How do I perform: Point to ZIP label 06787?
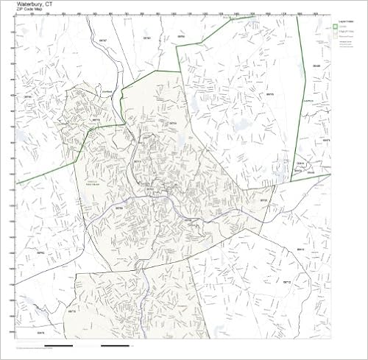[x=103, y=40]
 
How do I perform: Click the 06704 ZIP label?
[x=174, y=124]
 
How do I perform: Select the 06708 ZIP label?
[x=118, y=208]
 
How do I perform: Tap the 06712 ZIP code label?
[x=287, y=283]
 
